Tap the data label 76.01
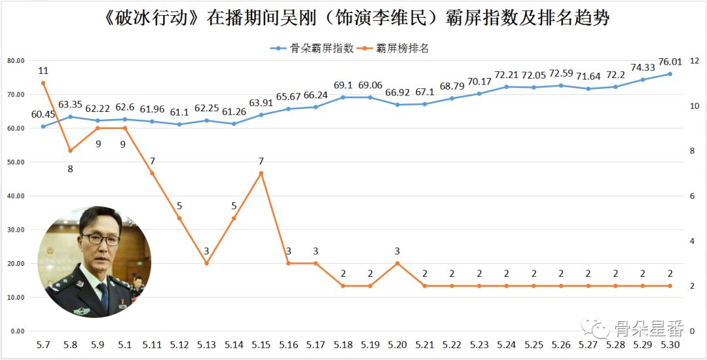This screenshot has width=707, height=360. point(670,62)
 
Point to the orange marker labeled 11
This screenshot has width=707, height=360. point(43,83)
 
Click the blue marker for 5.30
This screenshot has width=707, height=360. point(670,74)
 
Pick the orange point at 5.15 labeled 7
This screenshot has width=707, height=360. point(261,173)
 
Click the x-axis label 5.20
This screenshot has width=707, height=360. point(397,344)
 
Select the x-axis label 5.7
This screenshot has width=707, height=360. point(43,344)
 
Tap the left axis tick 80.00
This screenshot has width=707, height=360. point(16,61)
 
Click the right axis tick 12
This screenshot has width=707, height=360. point(695,61)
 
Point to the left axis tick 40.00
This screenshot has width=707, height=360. point(16,196)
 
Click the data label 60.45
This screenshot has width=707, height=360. point(43,115)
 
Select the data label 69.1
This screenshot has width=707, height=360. point(343,85)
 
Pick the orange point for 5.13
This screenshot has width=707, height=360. point(206,263)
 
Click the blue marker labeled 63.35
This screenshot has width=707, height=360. point(70,117)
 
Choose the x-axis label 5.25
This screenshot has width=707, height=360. point(534,344)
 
